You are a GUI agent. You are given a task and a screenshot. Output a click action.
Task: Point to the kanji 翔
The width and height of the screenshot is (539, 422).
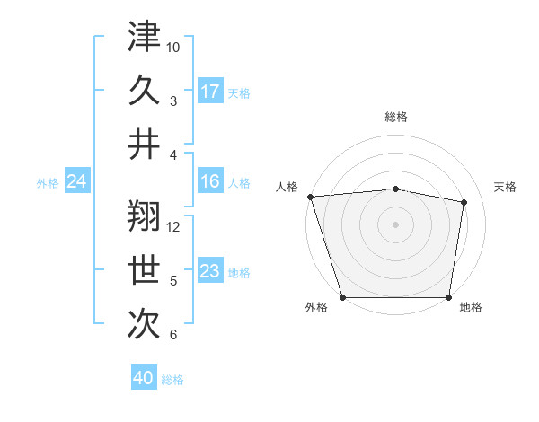[x=145, y=216]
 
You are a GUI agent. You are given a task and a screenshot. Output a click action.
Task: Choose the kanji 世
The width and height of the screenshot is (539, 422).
[x=145, y=269]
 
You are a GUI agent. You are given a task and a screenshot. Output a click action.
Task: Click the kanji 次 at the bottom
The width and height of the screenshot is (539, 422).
[x=145, y=322]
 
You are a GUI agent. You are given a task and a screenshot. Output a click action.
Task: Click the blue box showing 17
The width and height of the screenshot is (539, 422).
[x=210, y=91]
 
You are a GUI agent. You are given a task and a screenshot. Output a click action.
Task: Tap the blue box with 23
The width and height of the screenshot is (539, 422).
[x=210, y=272]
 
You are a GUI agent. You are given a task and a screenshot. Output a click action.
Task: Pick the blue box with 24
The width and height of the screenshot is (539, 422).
[x=77, y=182]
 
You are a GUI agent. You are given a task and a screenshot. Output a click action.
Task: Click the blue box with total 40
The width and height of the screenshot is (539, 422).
[x=144, y=378]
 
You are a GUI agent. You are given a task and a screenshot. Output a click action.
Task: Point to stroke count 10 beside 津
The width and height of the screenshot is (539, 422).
[x=173, y=47]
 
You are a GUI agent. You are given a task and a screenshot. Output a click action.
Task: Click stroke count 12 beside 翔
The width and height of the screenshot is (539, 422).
[x=173, y=226]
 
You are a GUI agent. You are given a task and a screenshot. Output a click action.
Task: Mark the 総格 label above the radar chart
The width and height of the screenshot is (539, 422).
[x=396, y=117]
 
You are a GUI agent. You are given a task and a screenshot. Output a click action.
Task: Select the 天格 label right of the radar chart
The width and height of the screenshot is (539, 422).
[x=506, y=187]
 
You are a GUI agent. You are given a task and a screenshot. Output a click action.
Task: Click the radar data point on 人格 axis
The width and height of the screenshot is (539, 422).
[x=310, y=196]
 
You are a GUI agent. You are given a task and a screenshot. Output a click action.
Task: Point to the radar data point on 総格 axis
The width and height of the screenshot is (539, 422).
[x=396, y=189]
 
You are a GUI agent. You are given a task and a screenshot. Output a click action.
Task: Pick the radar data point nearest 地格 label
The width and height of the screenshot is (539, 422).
[x=449, y=297]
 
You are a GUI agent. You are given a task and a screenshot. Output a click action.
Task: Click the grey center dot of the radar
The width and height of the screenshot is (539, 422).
[x=396, y=224]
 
